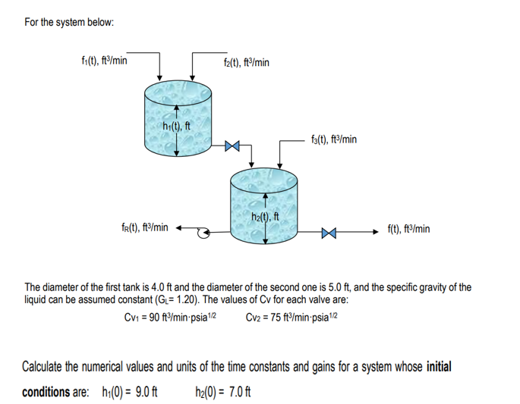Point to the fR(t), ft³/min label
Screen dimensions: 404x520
click(145, 227)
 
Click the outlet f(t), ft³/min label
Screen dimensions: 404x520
click(408, 228)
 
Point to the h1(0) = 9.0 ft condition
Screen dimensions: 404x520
click(124, 392)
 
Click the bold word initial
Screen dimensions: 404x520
click(439, 367)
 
